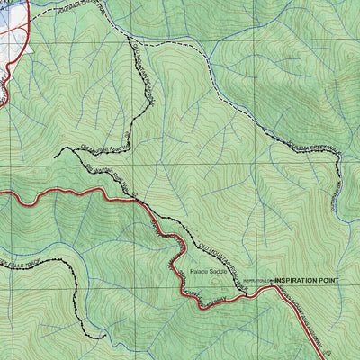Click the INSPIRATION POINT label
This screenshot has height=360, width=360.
tap(309, 281)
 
